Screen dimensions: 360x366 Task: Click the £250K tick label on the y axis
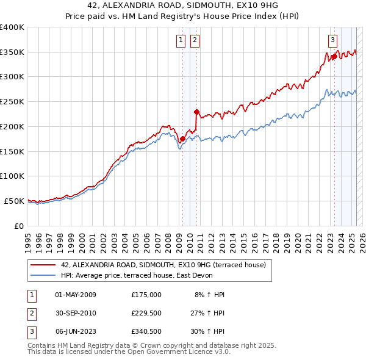coord(12,101)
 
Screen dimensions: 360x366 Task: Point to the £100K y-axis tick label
coord(12,176)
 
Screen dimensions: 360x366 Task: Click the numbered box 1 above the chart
coord(182,41)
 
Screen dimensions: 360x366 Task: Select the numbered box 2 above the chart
coord(195,41)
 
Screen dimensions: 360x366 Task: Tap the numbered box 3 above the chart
coord(333,41)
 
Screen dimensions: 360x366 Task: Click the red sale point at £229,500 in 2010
coord(196,112)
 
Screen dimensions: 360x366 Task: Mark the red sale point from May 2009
coord(182,139)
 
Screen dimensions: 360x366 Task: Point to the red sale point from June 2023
coord(334,57)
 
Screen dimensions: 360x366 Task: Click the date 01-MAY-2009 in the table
coord(76,295)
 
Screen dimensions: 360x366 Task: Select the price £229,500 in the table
coord(146,314)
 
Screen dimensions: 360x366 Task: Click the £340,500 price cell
coord(146,333)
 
